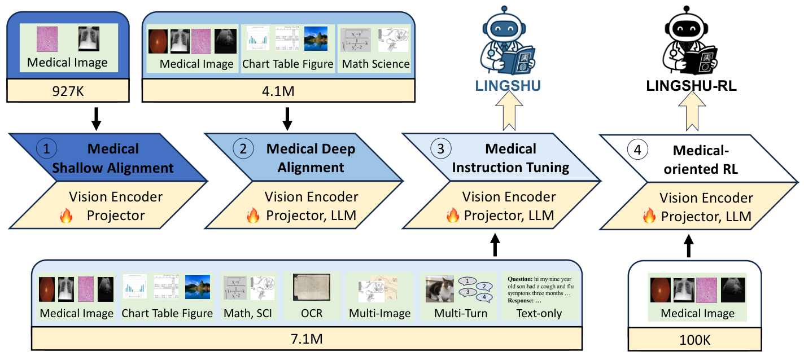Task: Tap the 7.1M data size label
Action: [307, 339]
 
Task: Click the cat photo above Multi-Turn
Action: [440, 289]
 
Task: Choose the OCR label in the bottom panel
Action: [311, 313]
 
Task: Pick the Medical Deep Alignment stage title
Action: [311, 158]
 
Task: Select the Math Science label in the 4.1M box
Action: [375, 64]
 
